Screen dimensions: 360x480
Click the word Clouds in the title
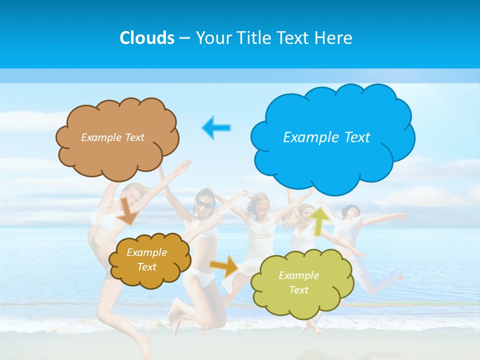(x=147, y=38)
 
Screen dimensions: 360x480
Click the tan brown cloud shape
(x=117, y=157)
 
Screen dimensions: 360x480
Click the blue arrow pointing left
(x=216, y=127)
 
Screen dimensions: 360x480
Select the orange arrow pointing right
(x=224, y=266)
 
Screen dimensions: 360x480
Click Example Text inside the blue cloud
(x=326, y=137)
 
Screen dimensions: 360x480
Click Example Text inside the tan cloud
(x=112, y=137)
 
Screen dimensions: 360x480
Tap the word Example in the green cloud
(x=298, y=275)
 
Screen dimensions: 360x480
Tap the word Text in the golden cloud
(x=147, y=267)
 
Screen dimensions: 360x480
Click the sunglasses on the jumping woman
(x=203, y=203)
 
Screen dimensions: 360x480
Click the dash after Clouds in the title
(x=184, y=38)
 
